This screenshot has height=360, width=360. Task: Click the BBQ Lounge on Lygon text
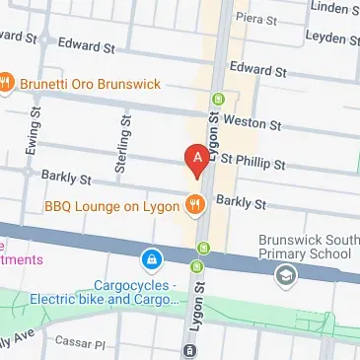(x=111, y=206)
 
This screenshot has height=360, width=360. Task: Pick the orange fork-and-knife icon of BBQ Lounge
(x=195, y=205)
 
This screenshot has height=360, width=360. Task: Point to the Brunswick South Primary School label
(x=304, y=247)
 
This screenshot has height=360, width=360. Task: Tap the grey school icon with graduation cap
(x=285, y=275)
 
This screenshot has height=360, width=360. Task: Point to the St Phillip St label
(x=252, y=162)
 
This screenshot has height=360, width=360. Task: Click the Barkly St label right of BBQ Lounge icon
(x=242, y=204)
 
